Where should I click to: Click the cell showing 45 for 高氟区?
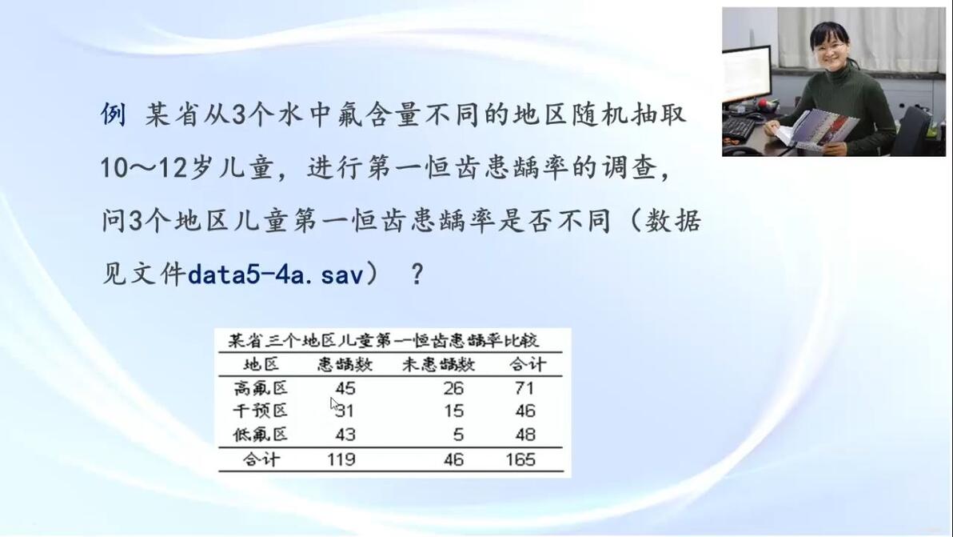[345, 388]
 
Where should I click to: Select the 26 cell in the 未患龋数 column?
[453, 388]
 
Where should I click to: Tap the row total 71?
[524, 388]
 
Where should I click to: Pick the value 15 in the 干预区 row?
[453, 411]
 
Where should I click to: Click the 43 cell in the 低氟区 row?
[345, 435]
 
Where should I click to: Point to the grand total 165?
[520, 459]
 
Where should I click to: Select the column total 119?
[341, 459]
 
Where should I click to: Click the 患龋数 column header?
[345, 364]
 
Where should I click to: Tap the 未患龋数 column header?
[438, 364]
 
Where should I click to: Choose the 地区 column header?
[261, 364]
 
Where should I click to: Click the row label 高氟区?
[260, 388]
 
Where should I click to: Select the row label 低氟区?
[260, 435]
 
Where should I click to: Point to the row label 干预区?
[260, 411]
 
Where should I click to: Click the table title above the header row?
[384, 340]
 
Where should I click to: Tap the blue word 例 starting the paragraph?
[114, 114]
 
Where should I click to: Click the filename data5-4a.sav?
[275, 275]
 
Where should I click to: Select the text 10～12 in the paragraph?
[144, 167]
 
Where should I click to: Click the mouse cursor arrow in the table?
[335, 405]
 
